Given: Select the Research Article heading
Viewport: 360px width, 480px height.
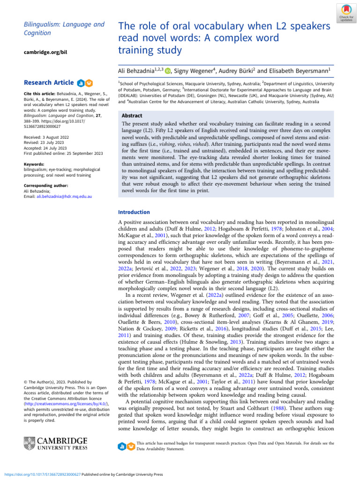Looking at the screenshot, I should pyautogui.click(x=48, y=83).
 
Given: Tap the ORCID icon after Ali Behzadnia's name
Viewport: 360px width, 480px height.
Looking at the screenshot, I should pyautogui.click(x=167, y=71).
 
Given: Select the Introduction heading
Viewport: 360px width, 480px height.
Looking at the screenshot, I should pyautogui.click(x=134, y=212).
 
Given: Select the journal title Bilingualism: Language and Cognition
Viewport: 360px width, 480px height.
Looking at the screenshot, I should pyautogui.click(x=57, y=28).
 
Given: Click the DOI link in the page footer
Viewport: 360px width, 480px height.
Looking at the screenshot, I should pyautogui.click(x=44, y=474).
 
